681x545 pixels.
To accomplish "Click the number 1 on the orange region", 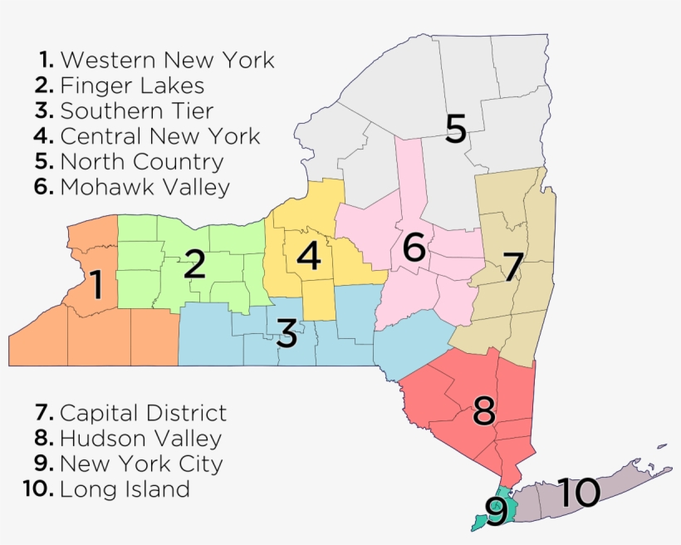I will click(96, 284).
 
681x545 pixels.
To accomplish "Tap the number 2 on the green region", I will click(194, 265).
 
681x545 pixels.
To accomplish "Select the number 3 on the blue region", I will click(287, 334).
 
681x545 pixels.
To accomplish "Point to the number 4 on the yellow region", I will click(308, 257).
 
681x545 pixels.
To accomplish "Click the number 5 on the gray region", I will click(455, 130).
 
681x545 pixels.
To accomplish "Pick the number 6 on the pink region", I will click(414, 247).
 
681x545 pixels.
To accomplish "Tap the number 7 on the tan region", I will click(512, 268).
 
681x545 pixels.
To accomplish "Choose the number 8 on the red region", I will click(484, 410).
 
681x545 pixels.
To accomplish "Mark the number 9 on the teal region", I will click(496, 512).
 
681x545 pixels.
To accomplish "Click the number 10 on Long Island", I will click(579, 493).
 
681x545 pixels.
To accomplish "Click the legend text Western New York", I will click(167, 60).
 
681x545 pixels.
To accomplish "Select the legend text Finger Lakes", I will click(132, 86).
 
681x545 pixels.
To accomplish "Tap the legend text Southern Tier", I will click(137, 111).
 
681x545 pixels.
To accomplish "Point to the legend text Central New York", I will click(160, 136).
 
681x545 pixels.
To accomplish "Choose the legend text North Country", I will click(142, 161).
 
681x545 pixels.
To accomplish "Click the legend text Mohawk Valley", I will click(145, 187).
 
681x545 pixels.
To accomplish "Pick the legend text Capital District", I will click(143, 412).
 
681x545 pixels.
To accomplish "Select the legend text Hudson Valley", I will click(140, 438).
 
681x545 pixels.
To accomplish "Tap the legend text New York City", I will click(141, 464).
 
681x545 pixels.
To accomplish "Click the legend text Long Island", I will click(125, 489).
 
